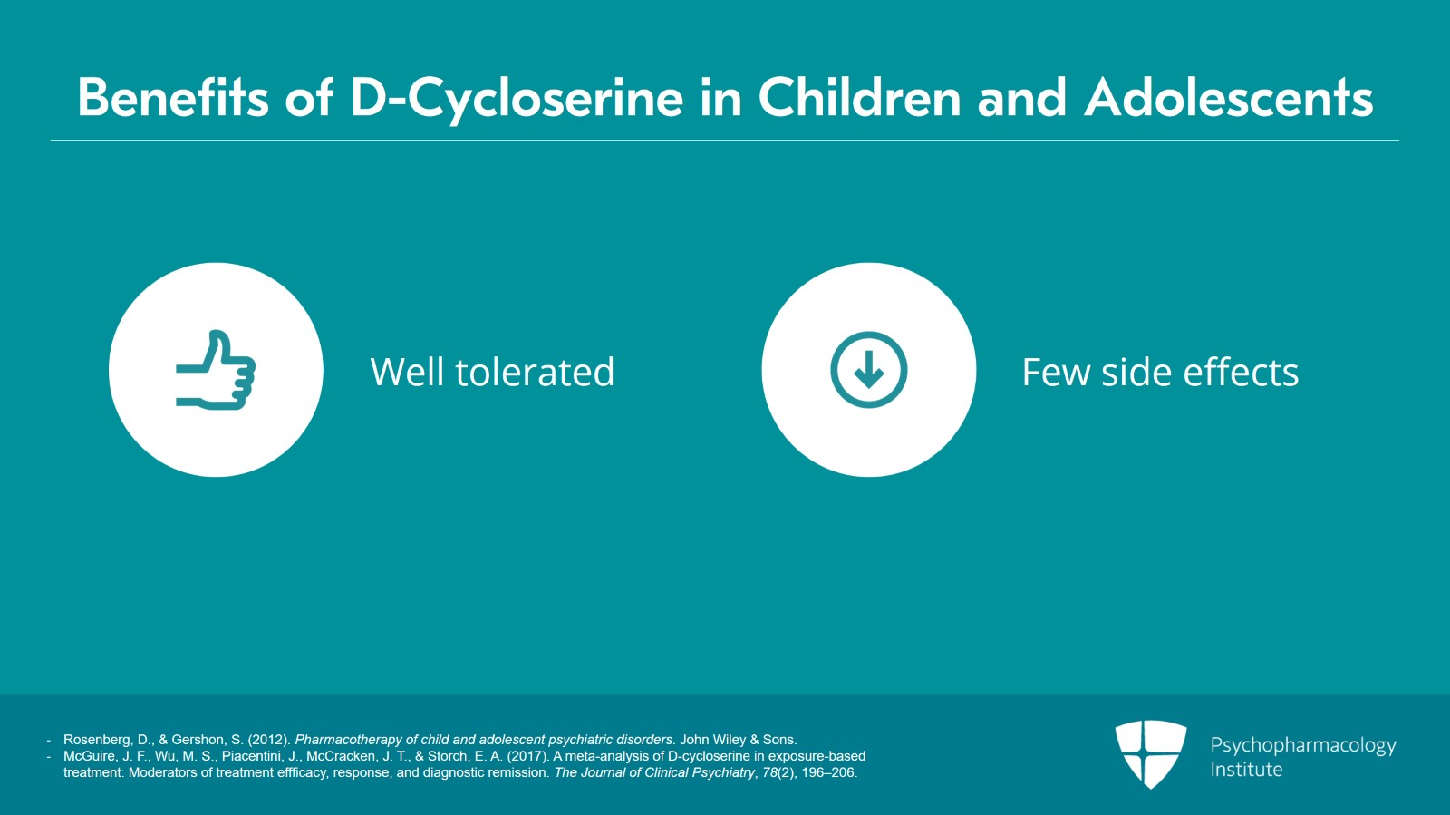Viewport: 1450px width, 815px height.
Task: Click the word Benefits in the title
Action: tap(173, 98)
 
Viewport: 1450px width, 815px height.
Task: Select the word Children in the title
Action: tap(860, 98)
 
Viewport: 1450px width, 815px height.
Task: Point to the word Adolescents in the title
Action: tap(1229, 98)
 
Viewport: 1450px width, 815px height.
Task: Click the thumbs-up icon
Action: tap(216, 370)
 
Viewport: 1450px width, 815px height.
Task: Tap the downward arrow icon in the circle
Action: tap(869, 370)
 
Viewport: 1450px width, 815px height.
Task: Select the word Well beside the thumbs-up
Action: tap(407, 372)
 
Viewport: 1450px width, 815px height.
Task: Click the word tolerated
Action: tap(535, 372)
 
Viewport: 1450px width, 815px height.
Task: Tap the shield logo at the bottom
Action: tap(1150, 754)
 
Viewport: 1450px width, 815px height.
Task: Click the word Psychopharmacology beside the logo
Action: tap(1303, 746)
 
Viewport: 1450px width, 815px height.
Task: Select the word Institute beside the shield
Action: tap(1246, 770)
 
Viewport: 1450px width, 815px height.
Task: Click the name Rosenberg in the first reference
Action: tap(96, 740)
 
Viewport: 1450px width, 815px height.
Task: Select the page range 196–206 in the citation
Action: tap(828, 772)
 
